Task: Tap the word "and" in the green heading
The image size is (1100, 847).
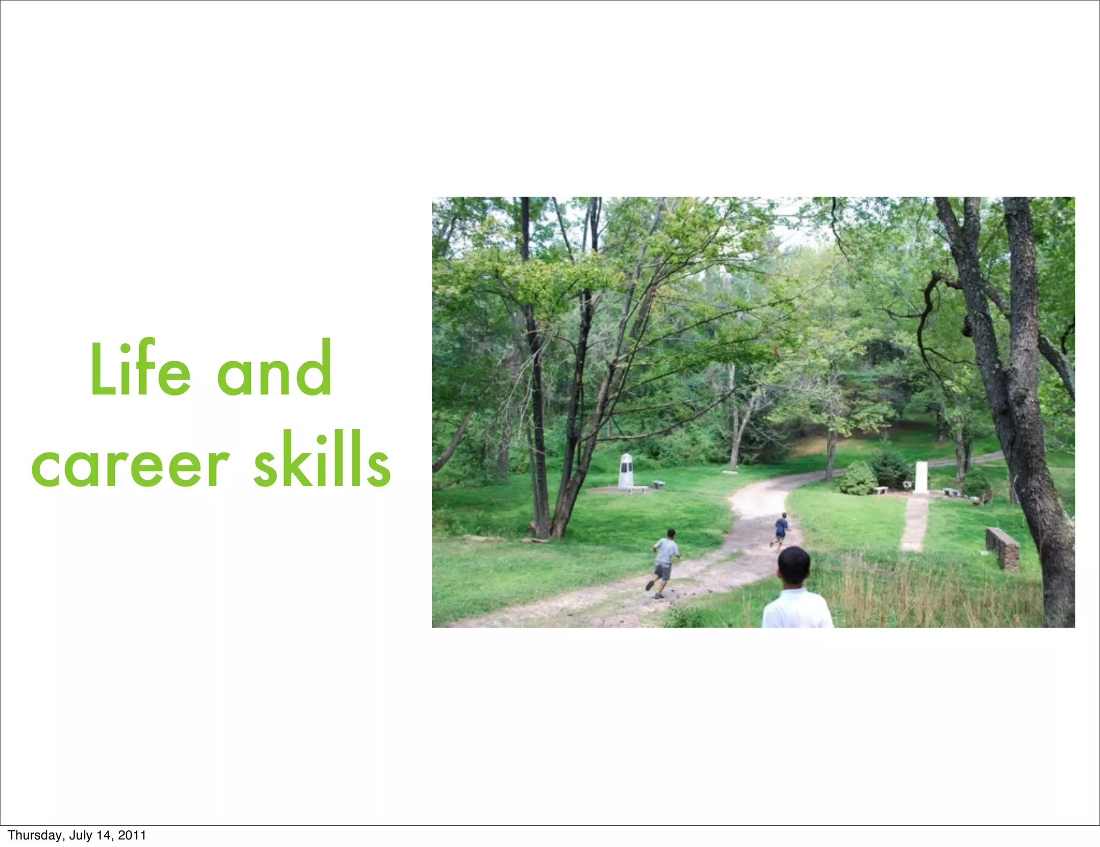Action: point(274,370)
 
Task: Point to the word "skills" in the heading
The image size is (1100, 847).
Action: point(322,461)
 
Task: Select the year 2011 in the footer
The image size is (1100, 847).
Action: point(132,835)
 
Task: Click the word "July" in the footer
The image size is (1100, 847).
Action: point(81,835)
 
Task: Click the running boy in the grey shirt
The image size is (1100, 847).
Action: point(664,562)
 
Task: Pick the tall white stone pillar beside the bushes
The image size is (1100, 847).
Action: point(921,476)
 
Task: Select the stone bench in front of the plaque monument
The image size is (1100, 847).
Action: point(637,490)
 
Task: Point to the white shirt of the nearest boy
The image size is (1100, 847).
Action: point(797,609)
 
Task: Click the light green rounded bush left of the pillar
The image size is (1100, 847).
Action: point(858,478)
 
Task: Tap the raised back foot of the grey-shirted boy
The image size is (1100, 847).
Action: point(649,585)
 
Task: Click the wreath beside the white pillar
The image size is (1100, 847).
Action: point(908,484)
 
